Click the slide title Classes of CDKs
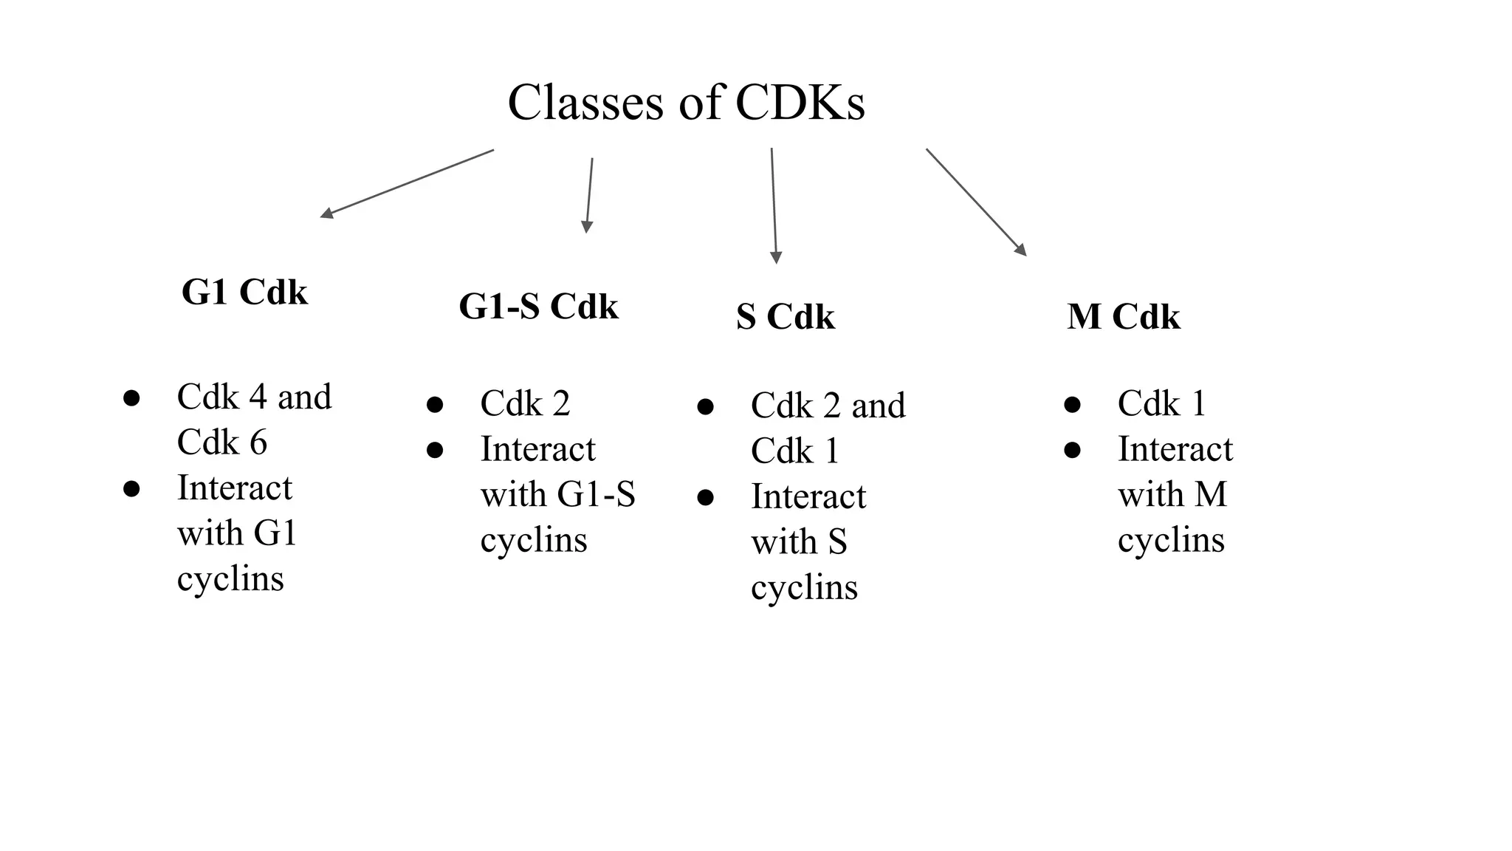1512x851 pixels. coord(686,102)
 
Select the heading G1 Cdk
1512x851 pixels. coord(244,292)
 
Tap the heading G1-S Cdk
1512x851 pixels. coord(538,306)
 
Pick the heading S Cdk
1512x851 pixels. coord(785,317)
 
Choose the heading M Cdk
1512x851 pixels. coord(1123,317)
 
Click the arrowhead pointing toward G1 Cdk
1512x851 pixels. coord(326,213)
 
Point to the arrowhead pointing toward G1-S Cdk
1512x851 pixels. coord(587,228)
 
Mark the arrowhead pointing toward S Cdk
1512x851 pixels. coord(776,257)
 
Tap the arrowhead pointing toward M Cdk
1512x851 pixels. coord(1021,250)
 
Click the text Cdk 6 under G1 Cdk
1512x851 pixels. coord(221,442)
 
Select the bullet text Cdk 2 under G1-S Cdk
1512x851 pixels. coord(525,403)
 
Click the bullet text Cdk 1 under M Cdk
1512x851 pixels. coord(1161,403)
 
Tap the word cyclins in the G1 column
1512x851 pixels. coord(230,578)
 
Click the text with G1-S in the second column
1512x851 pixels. coord(557,494)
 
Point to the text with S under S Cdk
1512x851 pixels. coord(799,542)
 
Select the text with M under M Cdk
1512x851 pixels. coord(1172,494)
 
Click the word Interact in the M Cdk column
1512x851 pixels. coord(1175,449)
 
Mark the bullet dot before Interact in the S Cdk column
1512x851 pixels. coord(705,498)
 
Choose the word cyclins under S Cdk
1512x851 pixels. coord(804,588)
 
